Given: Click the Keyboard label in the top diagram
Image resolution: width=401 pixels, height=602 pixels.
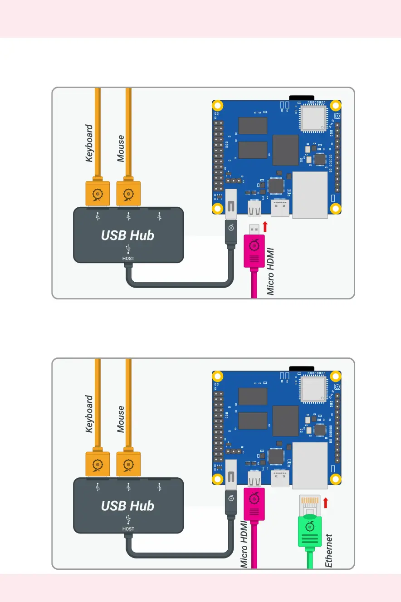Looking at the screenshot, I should click(89, 143).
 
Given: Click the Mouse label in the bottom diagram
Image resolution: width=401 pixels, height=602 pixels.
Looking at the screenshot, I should click(121, 419).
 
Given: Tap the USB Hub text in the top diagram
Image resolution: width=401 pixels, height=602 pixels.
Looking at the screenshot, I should click(127, 235).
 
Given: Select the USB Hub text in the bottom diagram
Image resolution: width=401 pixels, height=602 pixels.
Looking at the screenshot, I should click(127, 506).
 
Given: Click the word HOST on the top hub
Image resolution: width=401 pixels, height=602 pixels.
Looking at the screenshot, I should click(128, 259).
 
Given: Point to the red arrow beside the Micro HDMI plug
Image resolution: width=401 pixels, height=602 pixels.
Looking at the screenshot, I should click(265, 227).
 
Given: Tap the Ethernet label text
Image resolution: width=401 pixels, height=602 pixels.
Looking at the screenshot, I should click(329, 551).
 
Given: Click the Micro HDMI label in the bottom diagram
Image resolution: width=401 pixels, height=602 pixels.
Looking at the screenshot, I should click(244, 544).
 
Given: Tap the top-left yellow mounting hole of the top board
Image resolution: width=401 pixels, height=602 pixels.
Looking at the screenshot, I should click(218, 106).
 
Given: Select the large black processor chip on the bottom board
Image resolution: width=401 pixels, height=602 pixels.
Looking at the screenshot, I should click(285, 421).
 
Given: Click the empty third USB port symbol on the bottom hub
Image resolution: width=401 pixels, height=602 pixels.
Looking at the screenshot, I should click(159, 487).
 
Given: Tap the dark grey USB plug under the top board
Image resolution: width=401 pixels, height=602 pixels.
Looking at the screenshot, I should click(231, 234).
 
